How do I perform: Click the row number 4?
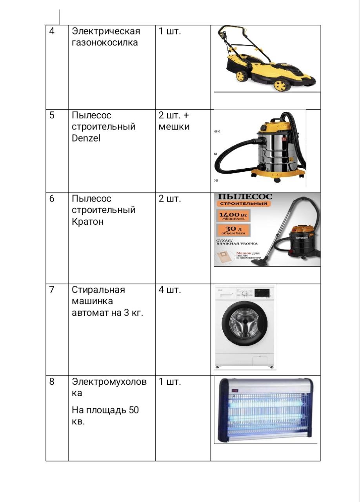(x=52, y=31)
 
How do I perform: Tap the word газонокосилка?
(x=105, y=42)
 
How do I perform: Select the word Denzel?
(x=86, y=138)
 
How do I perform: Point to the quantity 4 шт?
(x=170, y=290)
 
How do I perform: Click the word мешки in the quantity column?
(x=174, y=127)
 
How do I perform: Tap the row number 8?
(x=52, y=382)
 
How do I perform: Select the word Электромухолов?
(x=109, y=382)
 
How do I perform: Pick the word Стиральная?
(x=98, y=290)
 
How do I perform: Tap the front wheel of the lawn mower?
(x=280, y=85)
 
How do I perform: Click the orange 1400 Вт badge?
(x=233, y=216)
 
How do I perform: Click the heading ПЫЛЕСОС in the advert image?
(x=245, y=196)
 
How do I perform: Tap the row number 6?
(x=52, y=198)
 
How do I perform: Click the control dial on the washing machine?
(x=245, y=293)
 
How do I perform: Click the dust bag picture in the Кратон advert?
(x=225, y=258)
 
